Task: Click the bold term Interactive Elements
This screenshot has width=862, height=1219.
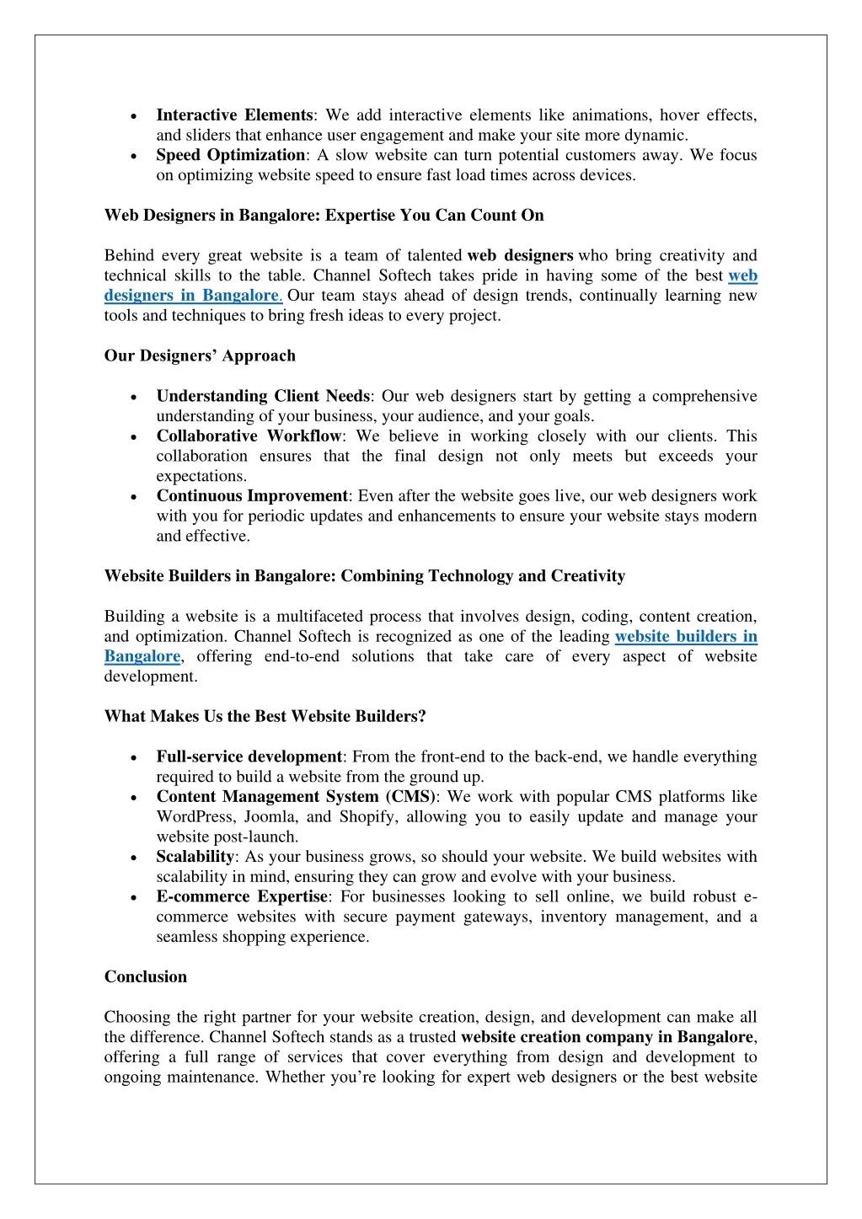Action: [234, 115]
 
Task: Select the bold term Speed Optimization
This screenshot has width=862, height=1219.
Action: [230, 155]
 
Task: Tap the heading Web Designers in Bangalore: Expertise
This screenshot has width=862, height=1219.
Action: [324, 216]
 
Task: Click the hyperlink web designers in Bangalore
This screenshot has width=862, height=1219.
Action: [192, 296]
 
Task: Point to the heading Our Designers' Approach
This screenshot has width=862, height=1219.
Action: [200, 356]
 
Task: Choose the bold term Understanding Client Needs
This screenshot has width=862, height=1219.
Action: [263, 396]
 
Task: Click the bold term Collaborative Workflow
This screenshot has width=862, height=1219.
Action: [249, 436]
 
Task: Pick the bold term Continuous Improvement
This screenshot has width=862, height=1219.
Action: [252, 496]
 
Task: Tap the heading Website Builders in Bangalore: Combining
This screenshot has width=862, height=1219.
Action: [364, 576]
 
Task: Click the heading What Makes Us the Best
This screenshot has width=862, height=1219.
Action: [265, 717]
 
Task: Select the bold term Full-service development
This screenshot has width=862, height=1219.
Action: [249, 757]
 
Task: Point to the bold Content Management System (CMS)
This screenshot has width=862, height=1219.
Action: [296, 797]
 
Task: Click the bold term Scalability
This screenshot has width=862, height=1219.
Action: [195, 857]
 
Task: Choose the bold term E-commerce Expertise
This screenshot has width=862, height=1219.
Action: [242, 897]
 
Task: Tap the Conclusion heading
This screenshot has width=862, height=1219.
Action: [146, 977]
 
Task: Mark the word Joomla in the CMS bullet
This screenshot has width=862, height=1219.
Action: [270, 817]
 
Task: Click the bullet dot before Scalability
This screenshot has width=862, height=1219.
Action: [135, 858]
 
